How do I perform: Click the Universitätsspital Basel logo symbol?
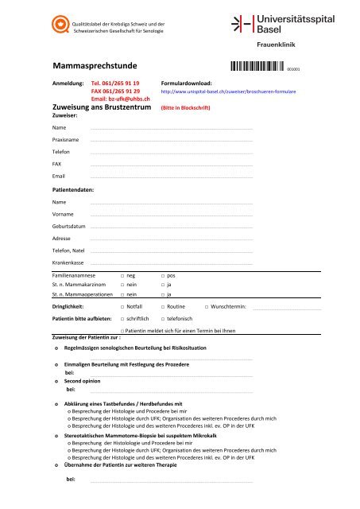click(x=240, y=25)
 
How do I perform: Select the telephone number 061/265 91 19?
click(x=116, y=83)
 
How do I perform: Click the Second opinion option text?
click(x=85, y=381)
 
